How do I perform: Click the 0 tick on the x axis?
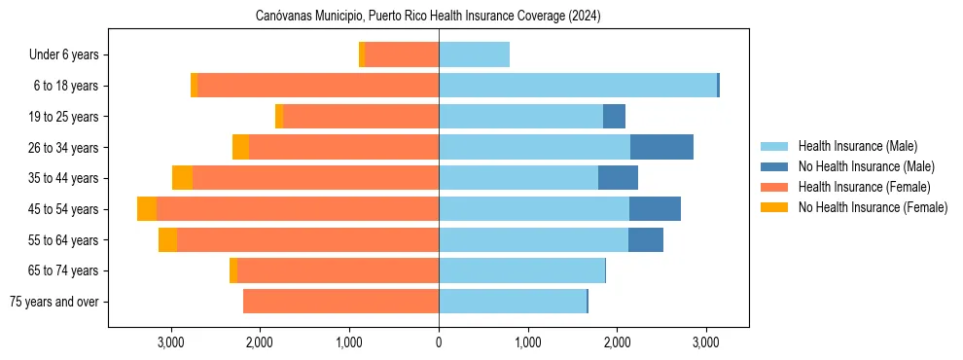[x=439, y=342]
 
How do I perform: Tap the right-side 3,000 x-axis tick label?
[x=706, y=342]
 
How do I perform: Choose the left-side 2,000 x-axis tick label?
[x=260, y=342]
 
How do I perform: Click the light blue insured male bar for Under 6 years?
[x=474, y=55]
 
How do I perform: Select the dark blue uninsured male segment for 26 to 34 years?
[x=661, y=148]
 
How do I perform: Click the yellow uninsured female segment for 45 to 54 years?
[x=147, y=209]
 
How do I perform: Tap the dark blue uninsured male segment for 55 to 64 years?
[x=646, y=240]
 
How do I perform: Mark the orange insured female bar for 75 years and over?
[x=340, y=302]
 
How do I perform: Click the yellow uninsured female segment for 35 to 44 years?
[x=182, y=178]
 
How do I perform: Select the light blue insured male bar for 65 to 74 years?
[x=521, y=270]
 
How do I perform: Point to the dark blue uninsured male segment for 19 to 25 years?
[x=614, y=117]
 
